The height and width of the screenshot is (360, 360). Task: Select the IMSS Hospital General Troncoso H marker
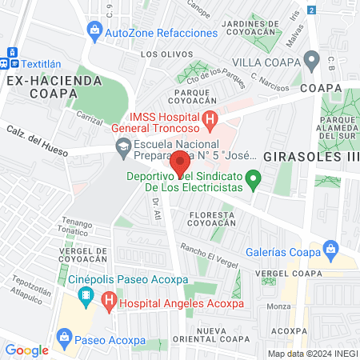pyautogui.click(x=210, y=122)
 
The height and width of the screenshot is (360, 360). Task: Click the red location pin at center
pyautogui.click(x=181, y=162)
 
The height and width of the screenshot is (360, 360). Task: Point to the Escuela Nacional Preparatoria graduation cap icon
pyautogui.click(x=123, y=146)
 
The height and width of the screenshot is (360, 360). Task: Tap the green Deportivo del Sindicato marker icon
pyautogui.click(x=253, y=178)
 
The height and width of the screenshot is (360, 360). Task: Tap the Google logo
pyautogui.click(x=27, y=350)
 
